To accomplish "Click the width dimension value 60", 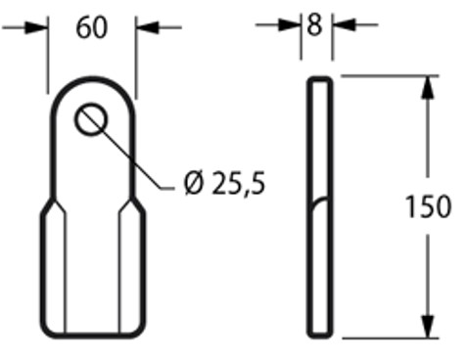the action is [x=91, y=27].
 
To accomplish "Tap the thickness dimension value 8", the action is [x=314, y=25].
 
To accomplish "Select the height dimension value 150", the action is [x=428, y=206].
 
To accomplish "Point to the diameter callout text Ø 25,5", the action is [x=224, y=184].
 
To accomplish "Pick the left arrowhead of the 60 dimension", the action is [x=36, y=27].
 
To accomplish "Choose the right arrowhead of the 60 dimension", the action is [x=148, y=27].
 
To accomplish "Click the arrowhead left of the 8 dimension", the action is [x=289, y=24].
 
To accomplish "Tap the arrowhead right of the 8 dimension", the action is [x=344, y=24].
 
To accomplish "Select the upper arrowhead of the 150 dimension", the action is [x=428, y=87].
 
